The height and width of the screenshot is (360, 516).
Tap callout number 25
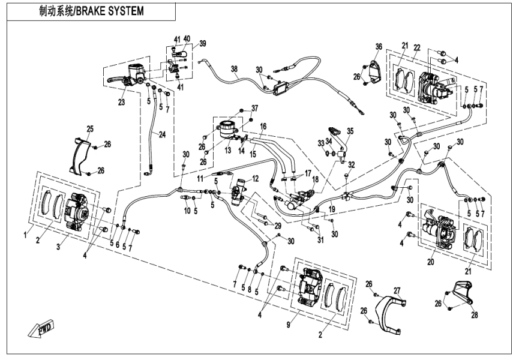coord(90,129)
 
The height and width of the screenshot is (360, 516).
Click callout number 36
coord(379,46)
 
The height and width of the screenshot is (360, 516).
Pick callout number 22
coord(417,47)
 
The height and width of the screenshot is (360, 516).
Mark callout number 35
coord(350,130)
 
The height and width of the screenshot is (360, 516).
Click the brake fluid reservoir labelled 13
coord(227,130)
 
